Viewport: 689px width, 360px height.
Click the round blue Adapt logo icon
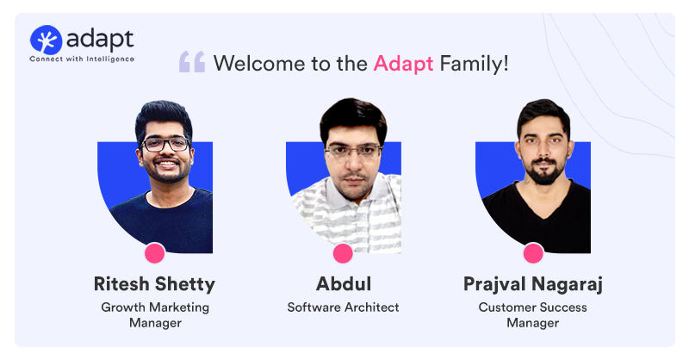[x=45, y=40]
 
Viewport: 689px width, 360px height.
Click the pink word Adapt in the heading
[x=404, y=64]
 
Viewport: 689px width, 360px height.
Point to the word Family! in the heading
[x=474, y=64]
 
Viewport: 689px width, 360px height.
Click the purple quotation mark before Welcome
[x=191, y=62]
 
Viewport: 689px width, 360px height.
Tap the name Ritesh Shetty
[x=154, y=283]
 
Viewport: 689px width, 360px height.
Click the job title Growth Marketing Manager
[x=155, y=314]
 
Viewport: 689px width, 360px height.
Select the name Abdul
[x=344, y=283]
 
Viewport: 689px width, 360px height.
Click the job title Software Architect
[x=344, y=307]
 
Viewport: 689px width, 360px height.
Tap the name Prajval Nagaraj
[x=533, y=283]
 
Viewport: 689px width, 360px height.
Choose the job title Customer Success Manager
[x=531, y=314]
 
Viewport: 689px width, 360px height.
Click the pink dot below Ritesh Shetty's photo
[x=155, y=253]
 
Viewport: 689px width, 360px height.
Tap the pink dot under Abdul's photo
[x=343, y=253]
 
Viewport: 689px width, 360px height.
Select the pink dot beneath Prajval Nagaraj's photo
[x=533, y=253]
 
